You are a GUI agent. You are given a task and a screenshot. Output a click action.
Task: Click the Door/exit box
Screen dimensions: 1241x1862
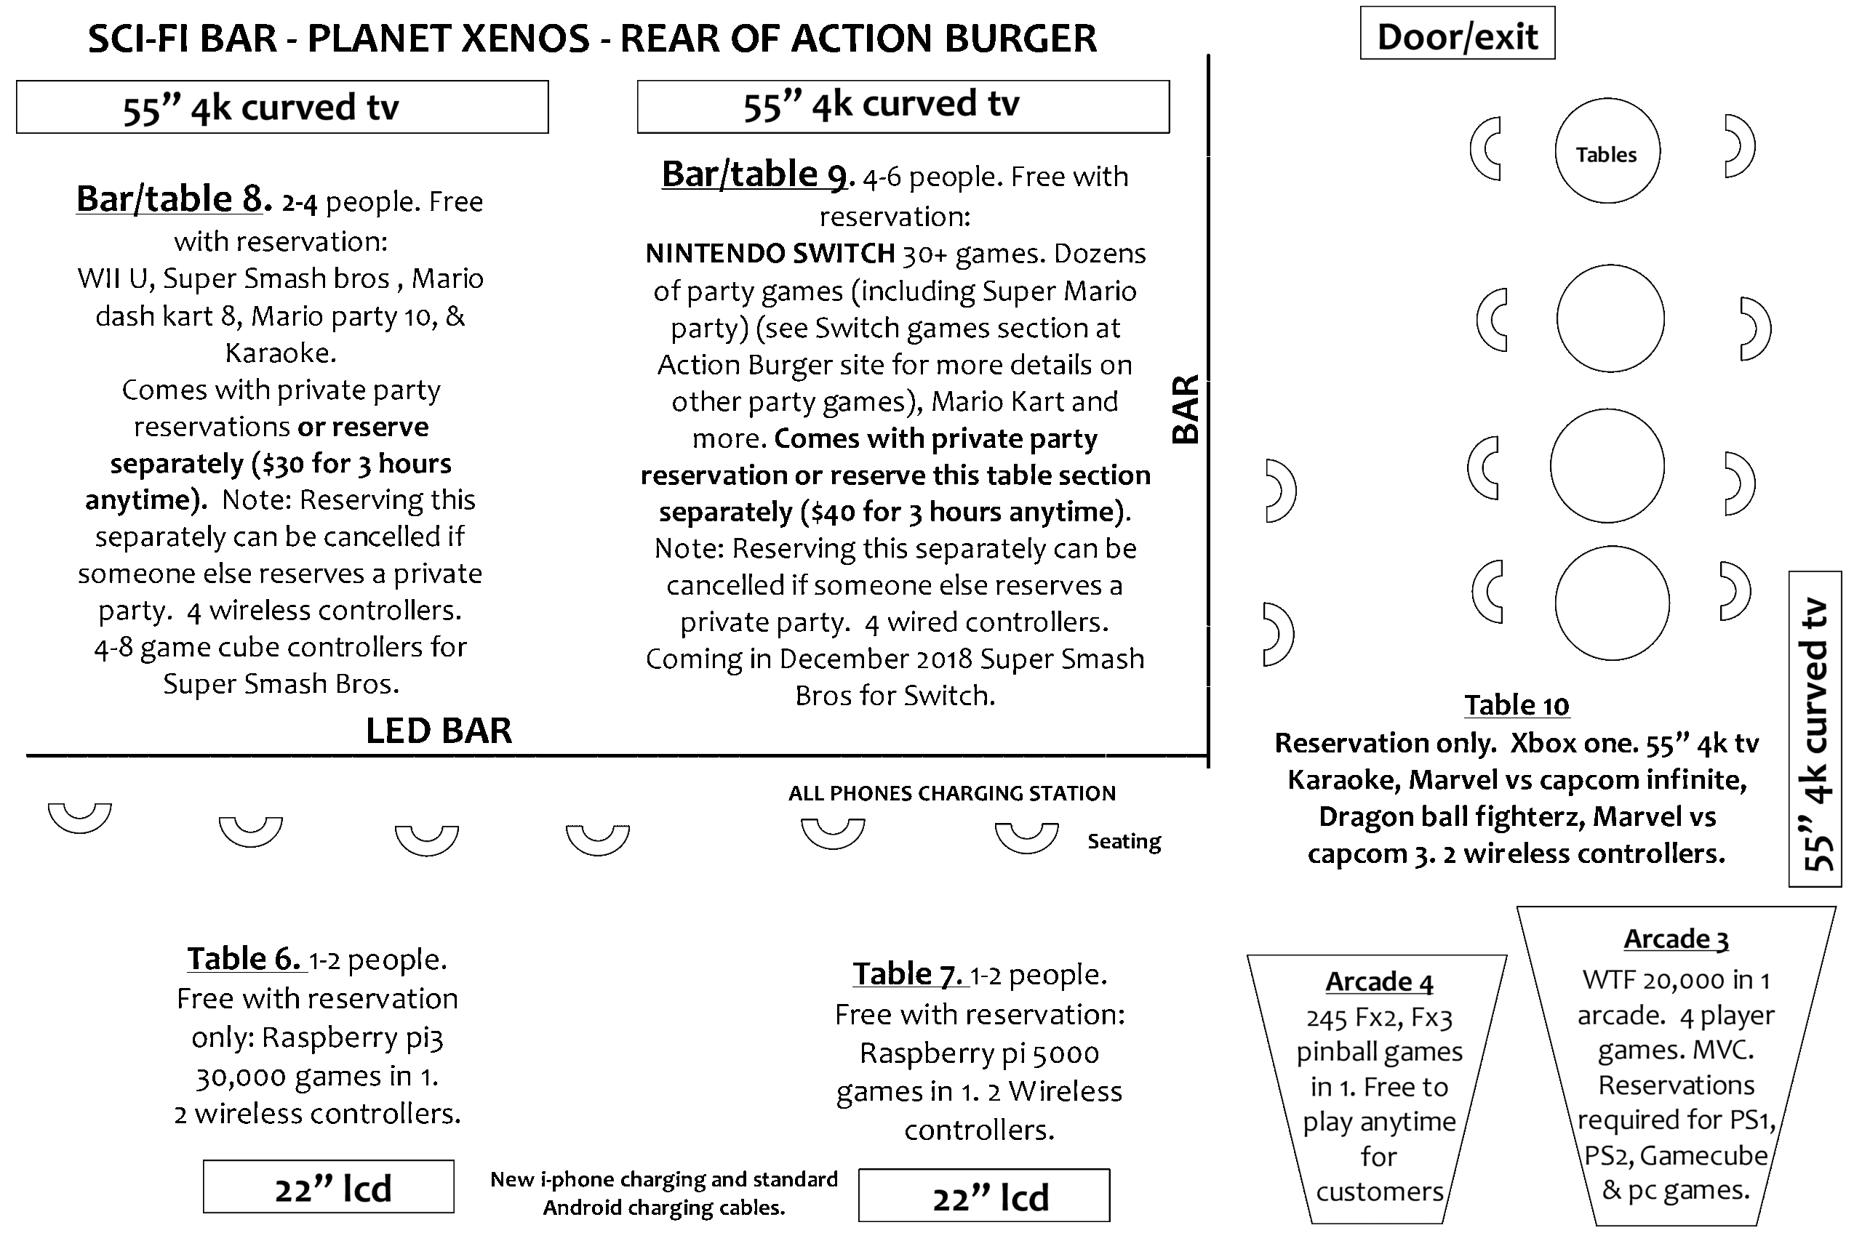(1457, 33)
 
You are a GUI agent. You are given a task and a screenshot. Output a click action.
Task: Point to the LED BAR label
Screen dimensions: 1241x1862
(439, 731)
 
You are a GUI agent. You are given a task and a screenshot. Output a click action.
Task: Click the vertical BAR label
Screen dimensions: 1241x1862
(1186, 409)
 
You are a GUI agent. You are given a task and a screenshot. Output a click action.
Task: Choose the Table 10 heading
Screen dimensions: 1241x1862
(1516, 705)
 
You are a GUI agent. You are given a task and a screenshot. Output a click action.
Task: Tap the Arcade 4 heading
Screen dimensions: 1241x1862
(1379, 981)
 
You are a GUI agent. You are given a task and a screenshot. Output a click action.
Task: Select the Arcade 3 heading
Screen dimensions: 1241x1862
(1675, 939)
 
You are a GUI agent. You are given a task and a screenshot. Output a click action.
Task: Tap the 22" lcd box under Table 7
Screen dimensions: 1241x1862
(984, 1196)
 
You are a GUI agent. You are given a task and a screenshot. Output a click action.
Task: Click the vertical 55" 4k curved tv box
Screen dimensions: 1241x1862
(1815, 729)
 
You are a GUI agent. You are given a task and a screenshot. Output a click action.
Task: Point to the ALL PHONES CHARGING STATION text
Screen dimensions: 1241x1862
(951, 793)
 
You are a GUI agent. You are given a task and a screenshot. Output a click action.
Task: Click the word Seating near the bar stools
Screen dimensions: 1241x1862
(1123, 841)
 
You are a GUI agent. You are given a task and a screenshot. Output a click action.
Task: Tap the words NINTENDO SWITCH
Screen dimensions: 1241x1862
(770, 253)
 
